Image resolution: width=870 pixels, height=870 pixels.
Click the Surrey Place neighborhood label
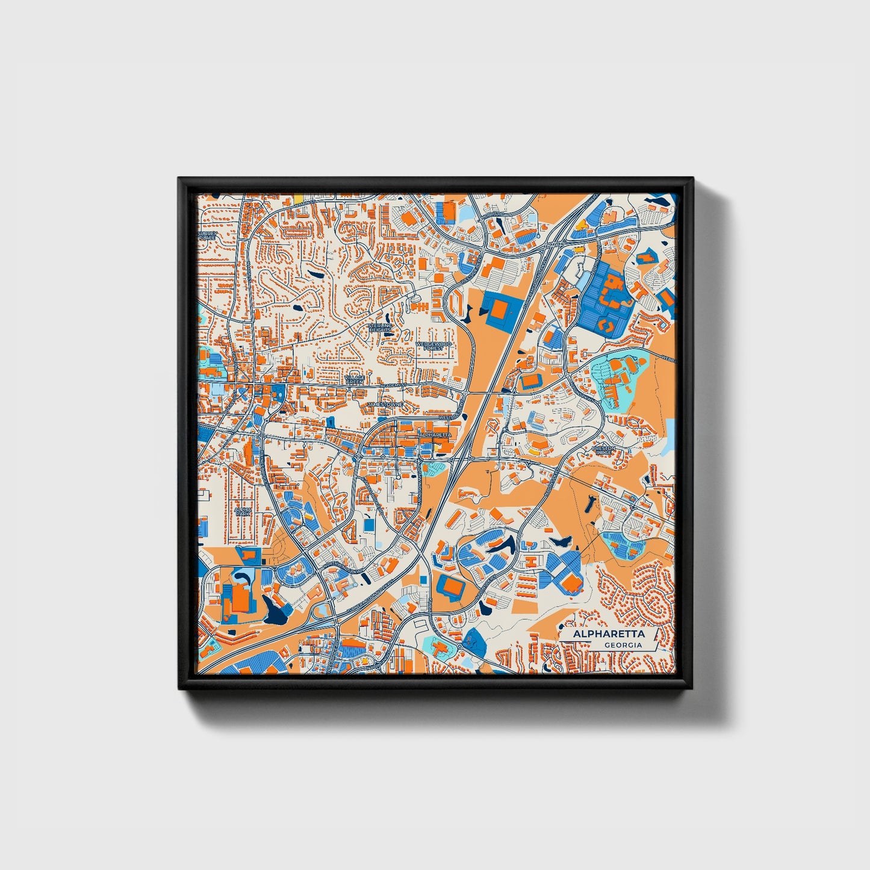pos(207,235)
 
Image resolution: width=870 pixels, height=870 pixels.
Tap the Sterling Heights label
pos(380,328)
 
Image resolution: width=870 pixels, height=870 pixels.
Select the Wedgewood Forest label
pos(433,346)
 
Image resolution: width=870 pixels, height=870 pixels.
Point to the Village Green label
pos(355,380)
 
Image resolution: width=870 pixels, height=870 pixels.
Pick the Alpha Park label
pos(243,512)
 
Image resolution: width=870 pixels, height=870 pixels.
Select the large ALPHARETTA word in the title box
pos(609,634)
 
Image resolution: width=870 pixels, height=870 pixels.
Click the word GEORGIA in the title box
pos(623,645)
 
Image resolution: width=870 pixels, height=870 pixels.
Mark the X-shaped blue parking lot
pos(561,571)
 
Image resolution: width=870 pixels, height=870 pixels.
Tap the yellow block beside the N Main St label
pos(297,197)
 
